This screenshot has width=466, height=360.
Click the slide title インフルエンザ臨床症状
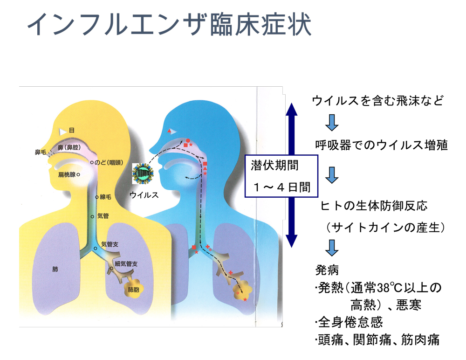click(170, 24)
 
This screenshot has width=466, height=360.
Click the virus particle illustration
click(143, 173)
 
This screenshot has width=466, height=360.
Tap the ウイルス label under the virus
click(144, 195)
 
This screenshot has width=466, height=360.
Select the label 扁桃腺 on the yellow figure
click(67, 175)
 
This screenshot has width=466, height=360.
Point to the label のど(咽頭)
click(109, 162)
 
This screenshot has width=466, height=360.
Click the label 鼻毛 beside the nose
click(41, 152)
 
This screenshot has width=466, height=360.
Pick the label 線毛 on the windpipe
click(105, 197)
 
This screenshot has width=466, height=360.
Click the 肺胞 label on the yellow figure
click(133, 290)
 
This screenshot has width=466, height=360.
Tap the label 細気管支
click(126, 263)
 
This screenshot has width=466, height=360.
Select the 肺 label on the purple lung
click(55, 269)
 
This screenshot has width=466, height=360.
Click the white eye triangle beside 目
click(62, 132)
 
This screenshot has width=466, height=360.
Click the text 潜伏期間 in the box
click(274, 166)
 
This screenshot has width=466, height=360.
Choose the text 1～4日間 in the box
click(282, 187)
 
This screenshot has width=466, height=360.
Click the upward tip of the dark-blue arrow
click(292, 103)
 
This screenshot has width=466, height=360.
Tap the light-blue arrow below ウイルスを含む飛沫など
click(332, 123)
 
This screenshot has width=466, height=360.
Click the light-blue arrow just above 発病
click(332, 248)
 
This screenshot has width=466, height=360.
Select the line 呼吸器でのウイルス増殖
click(381, 145)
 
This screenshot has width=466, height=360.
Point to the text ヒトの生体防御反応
click(374, 206)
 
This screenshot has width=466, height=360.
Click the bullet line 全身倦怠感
click(349, 322)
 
